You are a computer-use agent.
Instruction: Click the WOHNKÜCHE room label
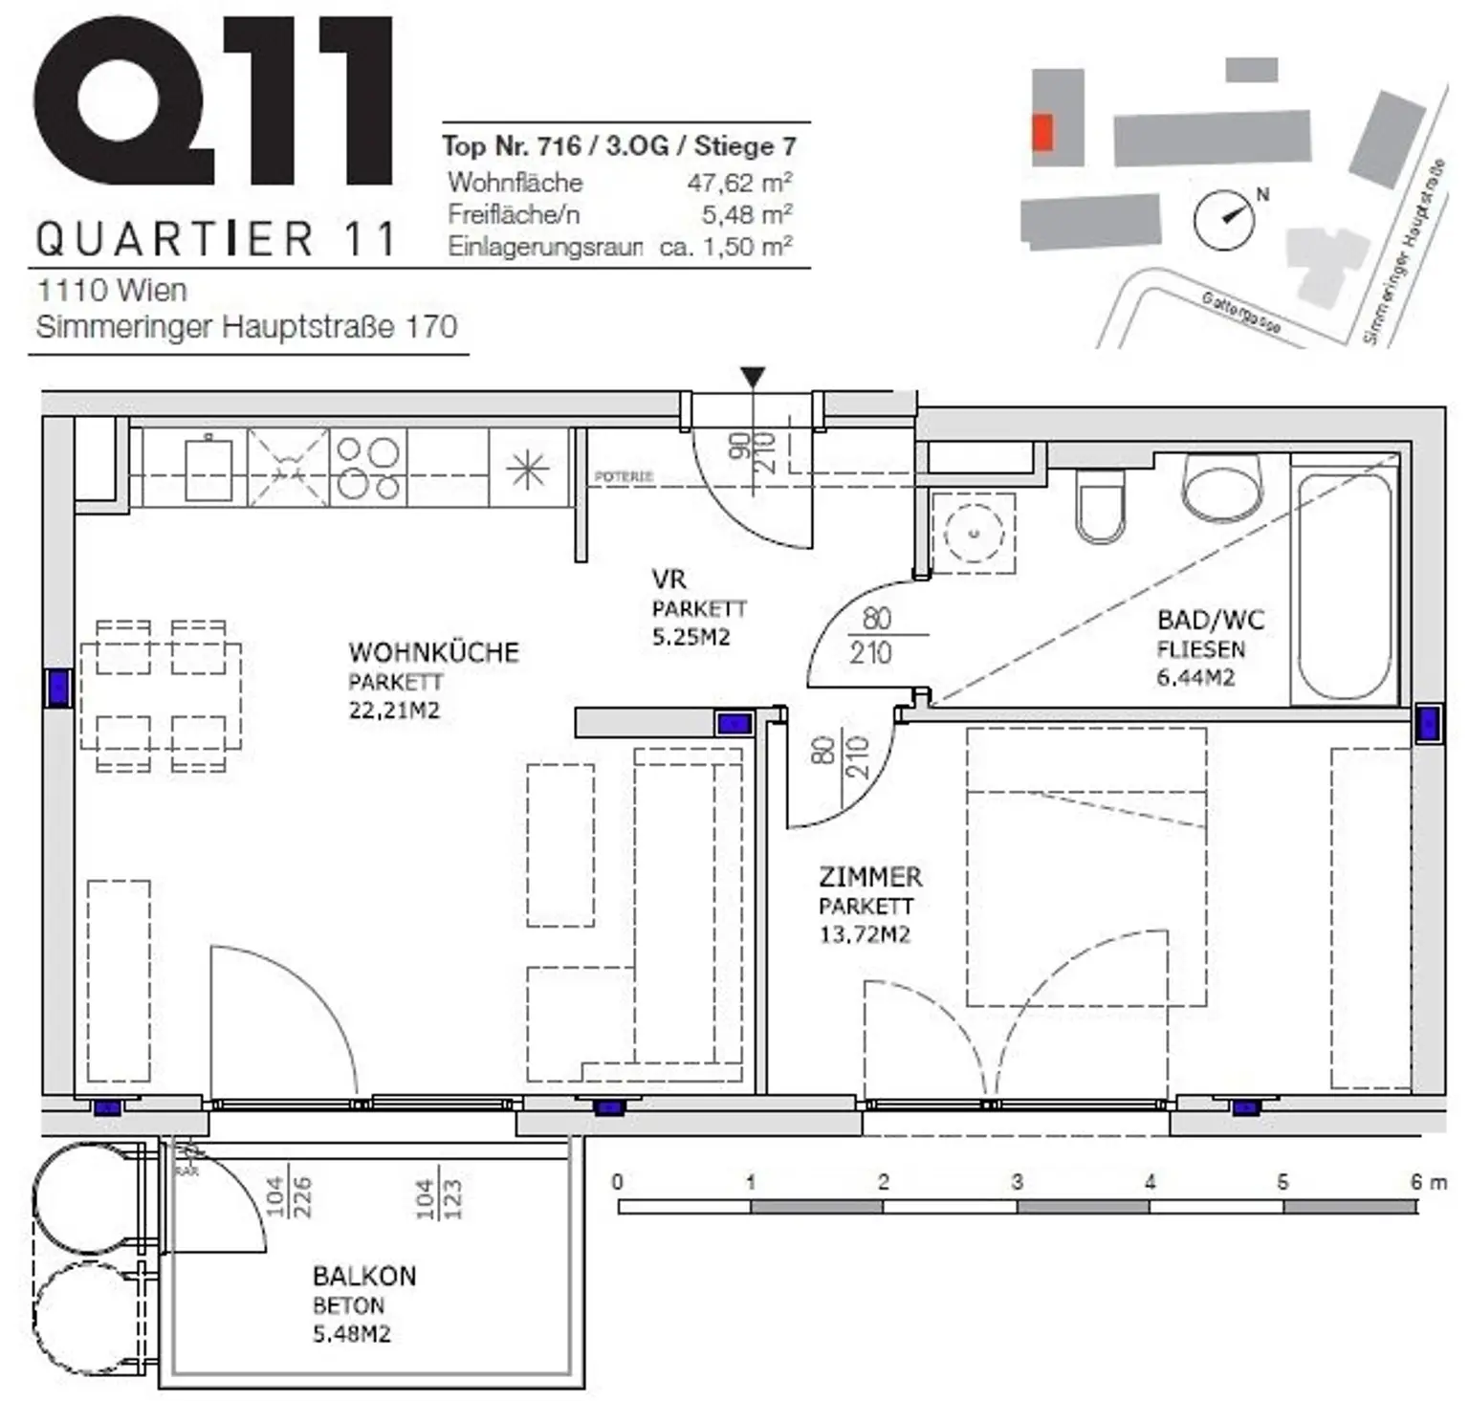[433, 652]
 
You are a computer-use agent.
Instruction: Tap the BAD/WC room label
[1210, 620]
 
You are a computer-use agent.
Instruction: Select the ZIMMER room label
[870, 877]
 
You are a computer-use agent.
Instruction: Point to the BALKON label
[364, 1276]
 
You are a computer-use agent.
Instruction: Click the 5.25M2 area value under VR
[691, 637]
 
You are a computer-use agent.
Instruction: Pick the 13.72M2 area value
[865, 934]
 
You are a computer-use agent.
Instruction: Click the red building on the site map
[1042, 132]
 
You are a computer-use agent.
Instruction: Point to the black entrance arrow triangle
[753, 378]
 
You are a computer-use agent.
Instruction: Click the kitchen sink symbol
[209, 469]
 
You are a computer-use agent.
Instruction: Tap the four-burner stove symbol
[368, 468]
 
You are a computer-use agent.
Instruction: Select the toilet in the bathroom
[1100, 507]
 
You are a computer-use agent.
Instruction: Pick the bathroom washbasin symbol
[1221, 485]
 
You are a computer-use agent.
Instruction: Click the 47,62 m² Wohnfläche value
[739, 182]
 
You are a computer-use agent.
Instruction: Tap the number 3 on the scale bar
[1017, 1182]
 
